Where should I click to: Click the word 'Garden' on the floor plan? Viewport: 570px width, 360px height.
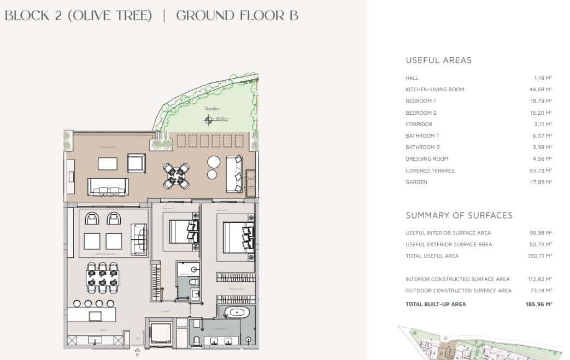(x=211, y=109)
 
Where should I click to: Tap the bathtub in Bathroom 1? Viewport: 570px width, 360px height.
(x=238, y=313)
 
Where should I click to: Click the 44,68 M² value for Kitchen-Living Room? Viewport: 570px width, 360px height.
(x=542, y=89)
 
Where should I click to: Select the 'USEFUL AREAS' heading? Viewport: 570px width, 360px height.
(x=438, y=60)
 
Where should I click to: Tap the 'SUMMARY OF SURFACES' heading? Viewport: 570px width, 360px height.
(x=459, y=215)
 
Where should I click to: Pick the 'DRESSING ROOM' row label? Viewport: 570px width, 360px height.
(x=427, y=158)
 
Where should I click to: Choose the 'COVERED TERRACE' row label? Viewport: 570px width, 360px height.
(x=430, y=170)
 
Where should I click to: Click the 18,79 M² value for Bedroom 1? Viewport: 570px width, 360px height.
(x=542, y=101)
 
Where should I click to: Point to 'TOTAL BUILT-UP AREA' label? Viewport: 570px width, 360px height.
(x=436, y=304)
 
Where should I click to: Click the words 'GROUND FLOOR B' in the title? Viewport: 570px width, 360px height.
(x=237, y=15)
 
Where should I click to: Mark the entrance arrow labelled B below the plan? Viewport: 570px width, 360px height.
(x=137, y=351)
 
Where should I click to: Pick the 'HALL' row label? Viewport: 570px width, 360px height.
(x=412, y=78)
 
